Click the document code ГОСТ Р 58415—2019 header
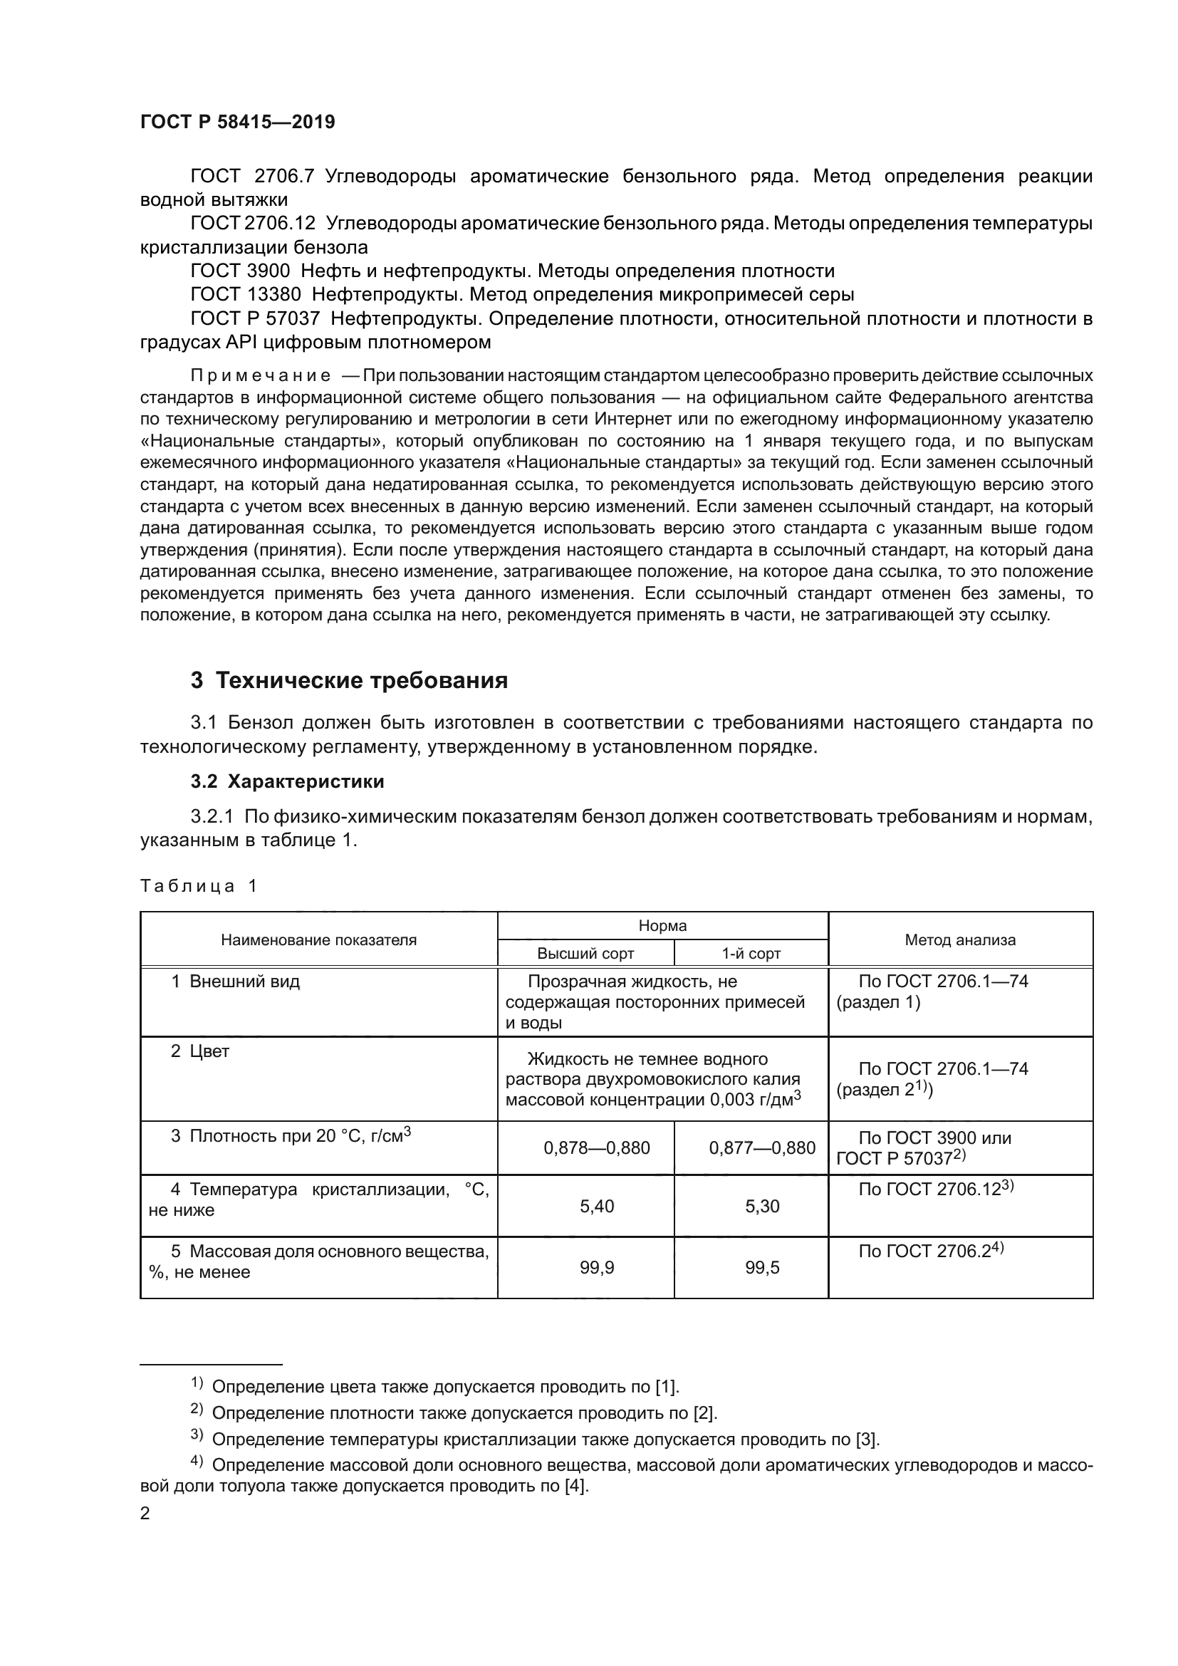(x=237, y=122)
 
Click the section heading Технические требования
(x=349, y=681)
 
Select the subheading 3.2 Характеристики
(x=287, y=781)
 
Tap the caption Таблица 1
(x=198, y=886)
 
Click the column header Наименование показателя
(x=318, y=939)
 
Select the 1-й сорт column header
(x=751, y=954)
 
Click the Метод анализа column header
(x=959, y=939)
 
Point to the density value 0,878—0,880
(x=596, y=1148)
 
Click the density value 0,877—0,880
(x=761, y=1148)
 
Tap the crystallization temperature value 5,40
(x=596, y=1206)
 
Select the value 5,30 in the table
(x=761, y=1206)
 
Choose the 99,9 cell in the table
(x=596, y=1268)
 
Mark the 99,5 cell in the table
(x=761, y=1268)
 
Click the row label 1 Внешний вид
(x=235, y=981)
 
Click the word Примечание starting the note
(x=261, y=376)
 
